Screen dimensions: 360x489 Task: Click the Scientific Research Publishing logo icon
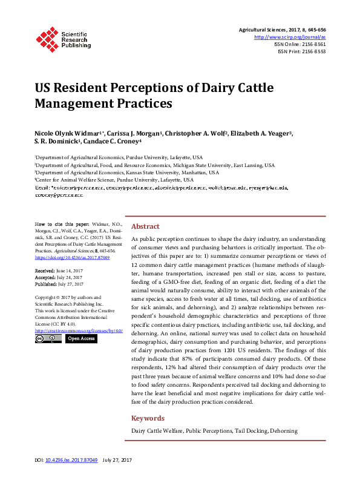point(46,38)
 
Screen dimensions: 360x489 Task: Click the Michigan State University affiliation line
point(155,165)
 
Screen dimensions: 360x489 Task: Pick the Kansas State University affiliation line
point(127,172)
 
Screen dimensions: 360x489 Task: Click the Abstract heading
point(145,226)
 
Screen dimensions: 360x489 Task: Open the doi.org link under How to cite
point(73,257)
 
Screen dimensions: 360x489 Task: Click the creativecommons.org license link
point(79,330)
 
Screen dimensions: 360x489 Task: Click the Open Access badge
point(80,339)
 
